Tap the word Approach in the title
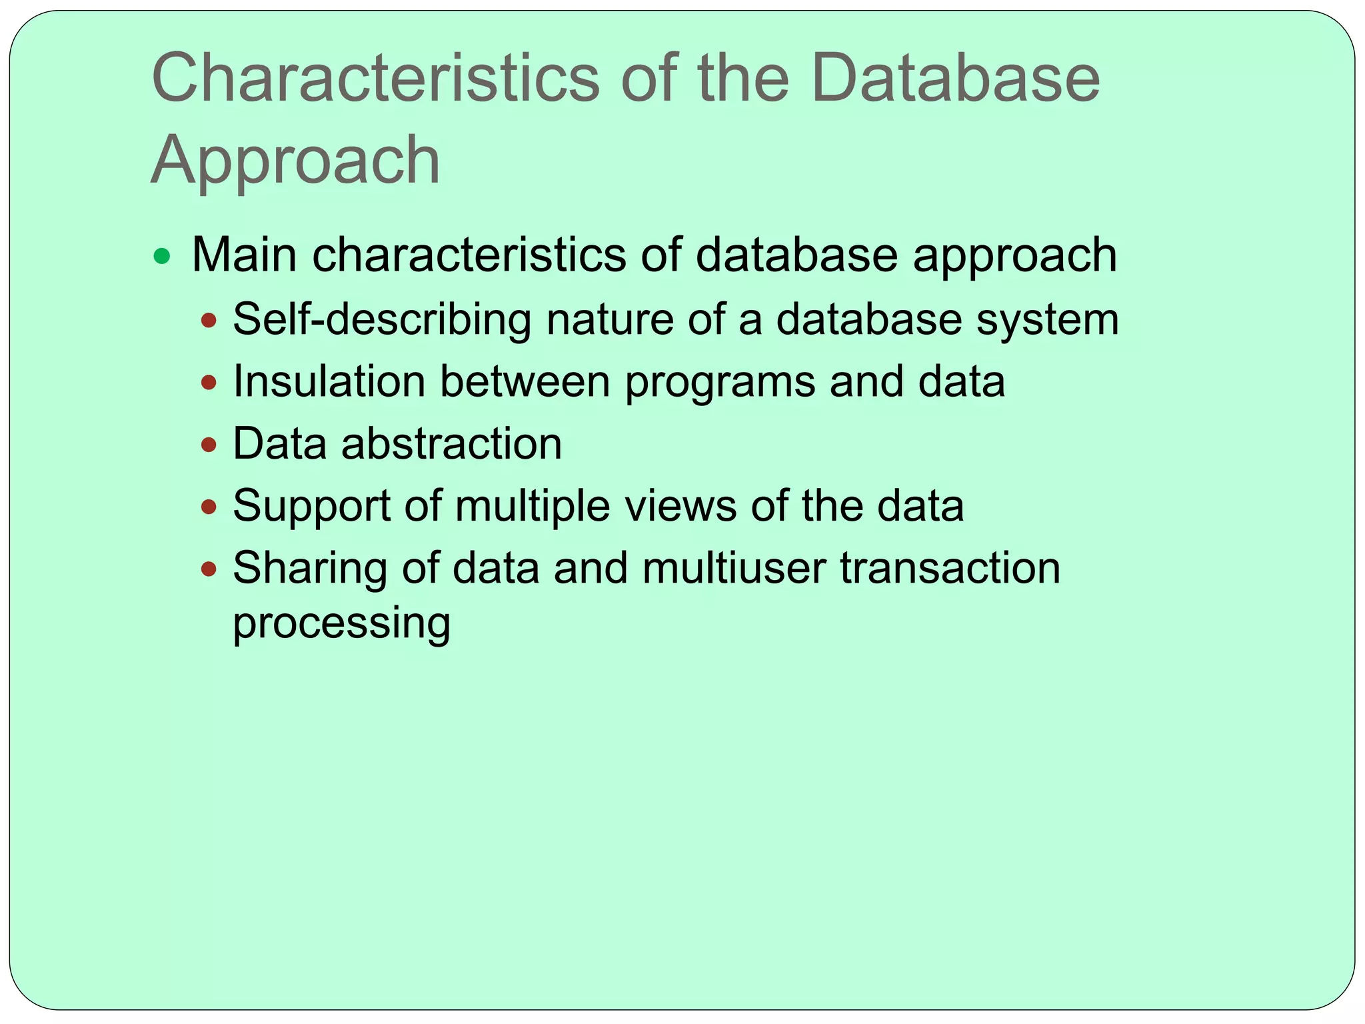pos(295,161)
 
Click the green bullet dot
pos(161,256)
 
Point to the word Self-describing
pos(382,319)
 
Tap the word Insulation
pos(329,381)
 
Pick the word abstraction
pos(451,443)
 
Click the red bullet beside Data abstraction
pos(209,445)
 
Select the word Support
pos(311,506)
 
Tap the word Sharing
pos(310,569)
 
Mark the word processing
pos(341,623)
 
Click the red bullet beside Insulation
pos(209,383)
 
